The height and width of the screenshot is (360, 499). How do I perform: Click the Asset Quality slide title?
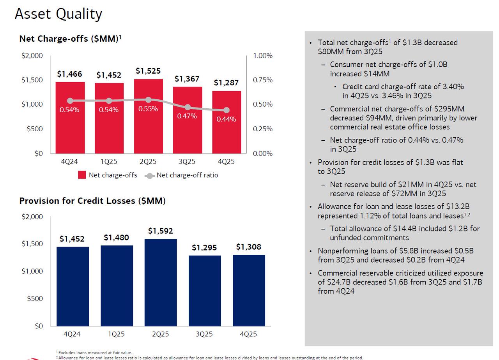pos(58,14)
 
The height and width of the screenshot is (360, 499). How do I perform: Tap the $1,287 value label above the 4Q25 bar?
pos(226,83)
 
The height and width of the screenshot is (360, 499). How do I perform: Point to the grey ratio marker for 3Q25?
pos(188,107)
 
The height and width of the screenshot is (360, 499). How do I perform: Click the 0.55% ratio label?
pos(148,109)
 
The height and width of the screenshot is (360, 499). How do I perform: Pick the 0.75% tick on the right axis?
pos(263,80)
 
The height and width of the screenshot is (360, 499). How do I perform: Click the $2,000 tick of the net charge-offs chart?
pos(32,56)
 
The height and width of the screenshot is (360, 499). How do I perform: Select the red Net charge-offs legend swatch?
pos(82,175)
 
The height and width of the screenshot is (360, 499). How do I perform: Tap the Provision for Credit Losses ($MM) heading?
pos(92,201)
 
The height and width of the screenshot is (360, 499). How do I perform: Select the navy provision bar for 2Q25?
pos(160,282)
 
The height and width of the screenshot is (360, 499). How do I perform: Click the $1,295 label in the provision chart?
pos(205,247)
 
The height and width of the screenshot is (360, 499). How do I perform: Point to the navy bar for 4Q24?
pos(72,286)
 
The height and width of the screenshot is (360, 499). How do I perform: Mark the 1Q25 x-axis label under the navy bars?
pos(116,334)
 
